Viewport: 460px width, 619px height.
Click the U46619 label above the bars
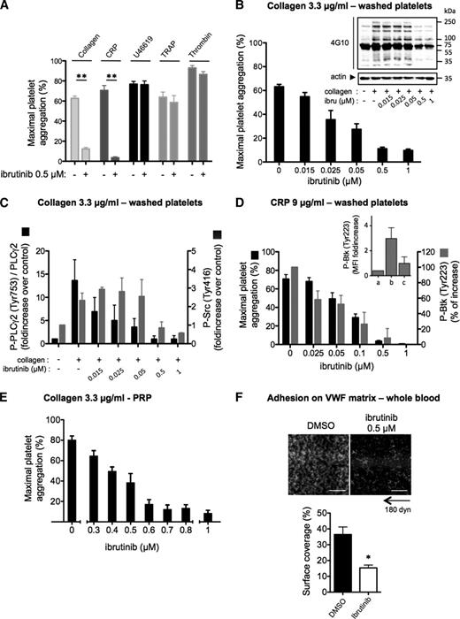tap(138, 41)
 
